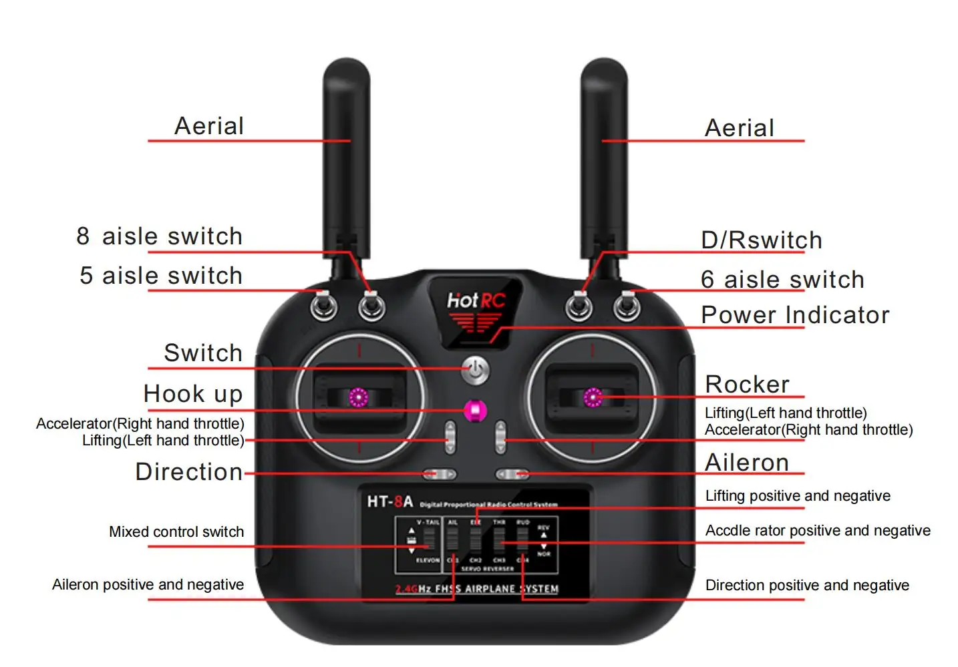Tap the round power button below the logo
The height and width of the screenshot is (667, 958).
(476, 371)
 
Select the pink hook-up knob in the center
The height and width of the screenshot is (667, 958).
(475, 411)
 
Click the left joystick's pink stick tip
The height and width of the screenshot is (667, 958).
(359, 398)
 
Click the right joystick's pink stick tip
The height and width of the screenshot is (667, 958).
(593, 398)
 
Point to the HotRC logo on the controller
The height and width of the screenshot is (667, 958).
(476, 302)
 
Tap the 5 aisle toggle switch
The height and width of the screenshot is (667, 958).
(324, 306)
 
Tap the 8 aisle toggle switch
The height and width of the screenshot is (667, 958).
(371, 306)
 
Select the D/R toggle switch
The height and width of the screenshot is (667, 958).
(579, 306)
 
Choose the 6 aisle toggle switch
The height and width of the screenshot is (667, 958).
(627, 306)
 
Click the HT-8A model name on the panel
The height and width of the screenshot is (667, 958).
(389, 501)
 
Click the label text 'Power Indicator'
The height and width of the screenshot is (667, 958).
(795, 315)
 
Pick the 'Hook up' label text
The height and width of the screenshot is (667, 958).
(193, 394)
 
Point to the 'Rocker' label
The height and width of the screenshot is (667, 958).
(747, 385)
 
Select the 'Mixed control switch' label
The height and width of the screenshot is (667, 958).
(176, 532)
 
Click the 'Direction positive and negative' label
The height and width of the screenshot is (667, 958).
(807, 586)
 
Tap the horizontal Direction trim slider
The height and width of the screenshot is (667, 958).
(439, 474)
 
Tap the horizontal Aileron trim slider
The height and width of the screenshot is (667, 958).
(512, 474)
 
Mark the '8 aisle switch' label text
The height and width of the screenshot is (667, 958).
(160, 236)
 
